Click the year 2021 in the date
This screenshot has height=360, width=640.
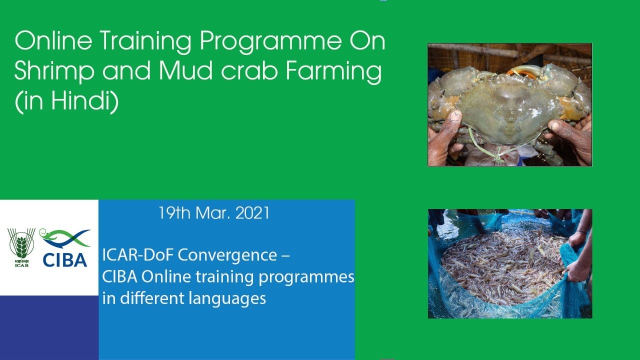pyautogui.click(x=252, y=213)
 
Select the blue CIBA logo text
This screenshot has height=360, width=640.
pyautogui.click(x=64, y=259)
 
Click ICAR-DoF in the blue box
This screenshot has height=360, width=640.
pyautogui.click(x=138, y=255)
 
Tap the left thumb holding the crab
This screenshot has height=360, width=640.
pyautogui.click(x=452, y=122)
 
